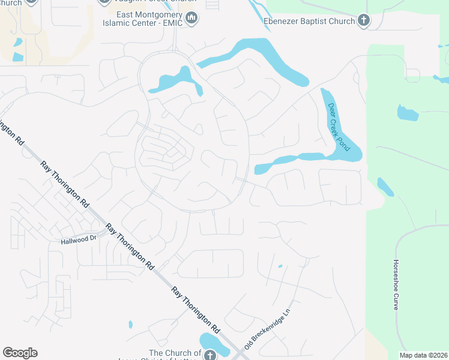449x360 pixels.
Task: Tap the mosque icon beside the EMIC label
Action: pos(191,19)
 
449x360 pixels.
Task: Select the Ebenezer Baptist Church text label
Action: pos(309,22)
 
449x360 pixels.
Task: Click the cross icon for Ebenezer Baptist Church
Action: pos(363,21)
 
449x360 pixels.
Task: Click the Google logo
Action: pos(20,352)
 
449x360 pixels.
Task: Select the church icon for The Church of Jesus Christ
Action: pos(209,355)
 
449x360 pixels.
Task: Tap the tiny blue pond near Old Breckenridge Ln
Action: pos(280,266)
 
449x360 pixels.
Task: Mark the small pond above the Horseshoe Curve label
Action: pos(385,187)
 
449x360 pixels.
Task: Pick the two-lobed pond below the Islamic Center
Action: pos(174,80)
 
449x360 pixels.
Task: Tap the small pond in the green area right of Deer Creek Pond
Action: pos(407,113)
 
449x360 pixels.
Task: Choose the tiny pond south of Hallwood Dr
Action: pos(130,325)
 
